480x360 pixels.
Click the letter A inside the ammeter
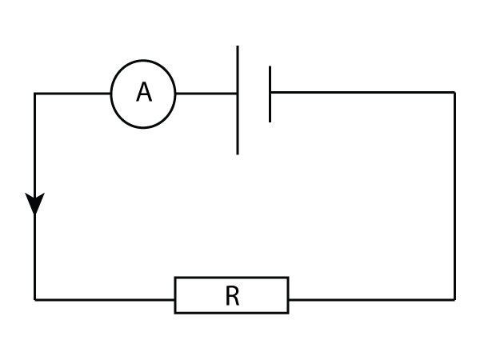point(143,93)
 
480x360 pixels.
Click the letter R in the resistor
point(232,296)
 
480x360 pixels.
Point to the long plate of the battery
point(238,120)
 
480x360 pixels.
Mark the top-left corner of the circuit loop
point(35,94)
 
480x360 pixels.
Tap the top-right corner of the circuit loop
point(454,93)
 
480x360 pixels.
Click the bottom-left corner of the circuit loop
point(35,299)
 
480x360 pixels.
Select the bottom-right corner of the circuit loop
point(454,299)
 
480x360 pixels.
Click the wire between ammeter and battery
point(206,94)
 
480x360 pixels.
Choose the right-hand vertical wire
point(454,196)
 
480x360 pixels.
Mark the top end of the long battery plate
point(238,48)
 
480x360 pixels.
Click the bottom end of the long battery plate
point(238,152)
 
